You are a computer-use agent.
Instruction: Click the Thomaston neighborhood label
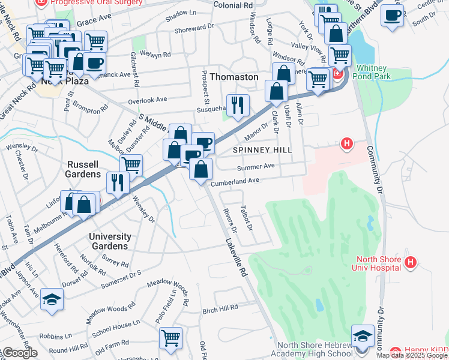click(x=234, y=77)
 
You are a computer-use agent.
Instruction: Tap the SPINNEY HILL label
click(x=262, y=149)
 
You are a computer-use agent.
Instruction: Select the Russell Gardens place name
click(x=83, y=169)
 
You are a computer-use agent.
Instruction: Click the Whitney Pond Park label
click(x=374, y=72)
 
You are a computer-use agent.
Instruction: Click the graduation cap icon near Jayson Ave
click(x=52, y=299)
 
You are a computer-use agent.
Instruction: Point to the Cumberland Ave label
click(x=235, y=180)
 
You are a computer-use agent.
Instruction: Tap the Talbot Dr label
click(x=247, y=219)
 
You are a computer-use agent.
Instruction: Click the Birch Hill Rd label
click(x=220, y=308)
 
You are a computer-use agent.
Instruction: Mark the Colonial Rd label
click(x=233, y=5)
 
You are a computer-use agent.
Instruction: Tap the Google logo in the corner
click(x=19, y=353)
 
